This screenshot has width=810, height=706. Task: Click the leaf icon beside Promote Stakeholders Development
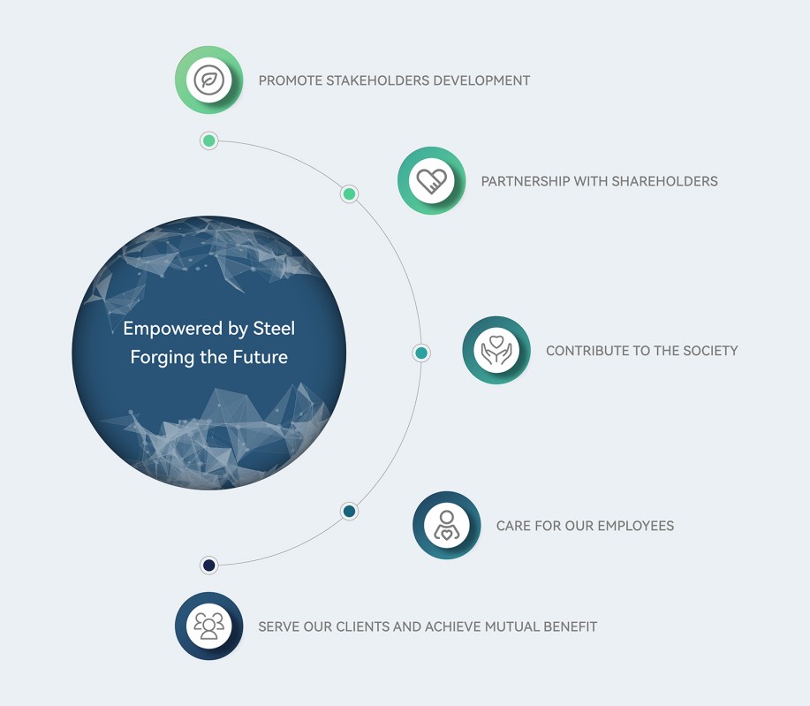[x=208, y=80]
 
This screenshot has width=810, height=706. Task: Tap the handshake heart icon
[x=431, y=181]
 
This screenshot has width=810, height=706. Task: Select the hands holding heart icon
[x=496, y=351]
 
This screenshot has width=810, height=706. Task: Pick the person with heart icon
[x=447, y=525]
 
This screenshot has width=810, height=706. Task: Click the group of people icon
[x=208, y=626]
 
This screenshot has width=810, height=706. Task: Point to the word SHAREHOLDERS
[x=664, y=181]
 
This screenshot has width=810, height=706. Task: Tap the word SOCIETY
[x=710, y=351]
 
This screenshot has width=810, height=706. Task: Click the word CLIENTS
[x=360, y=627]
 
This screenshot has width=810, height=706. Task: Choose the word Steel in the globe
[x=274, y=328]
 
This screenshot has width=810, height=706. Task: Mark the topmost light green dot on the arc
[x=208, y=140]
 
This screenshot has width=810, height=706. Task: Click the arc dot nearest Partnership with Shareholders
[x=349, y=194]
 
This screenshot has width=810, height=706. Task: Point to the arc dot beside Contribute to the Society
[x=421, y=353]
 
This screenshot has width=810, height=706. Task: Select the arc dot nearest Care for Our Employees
[x=349, y=511]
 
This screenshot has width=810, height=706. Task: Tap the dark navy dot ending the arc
[x=208, y=565]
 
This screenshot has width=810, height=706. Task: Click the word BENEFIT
[x=571, y=627]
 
